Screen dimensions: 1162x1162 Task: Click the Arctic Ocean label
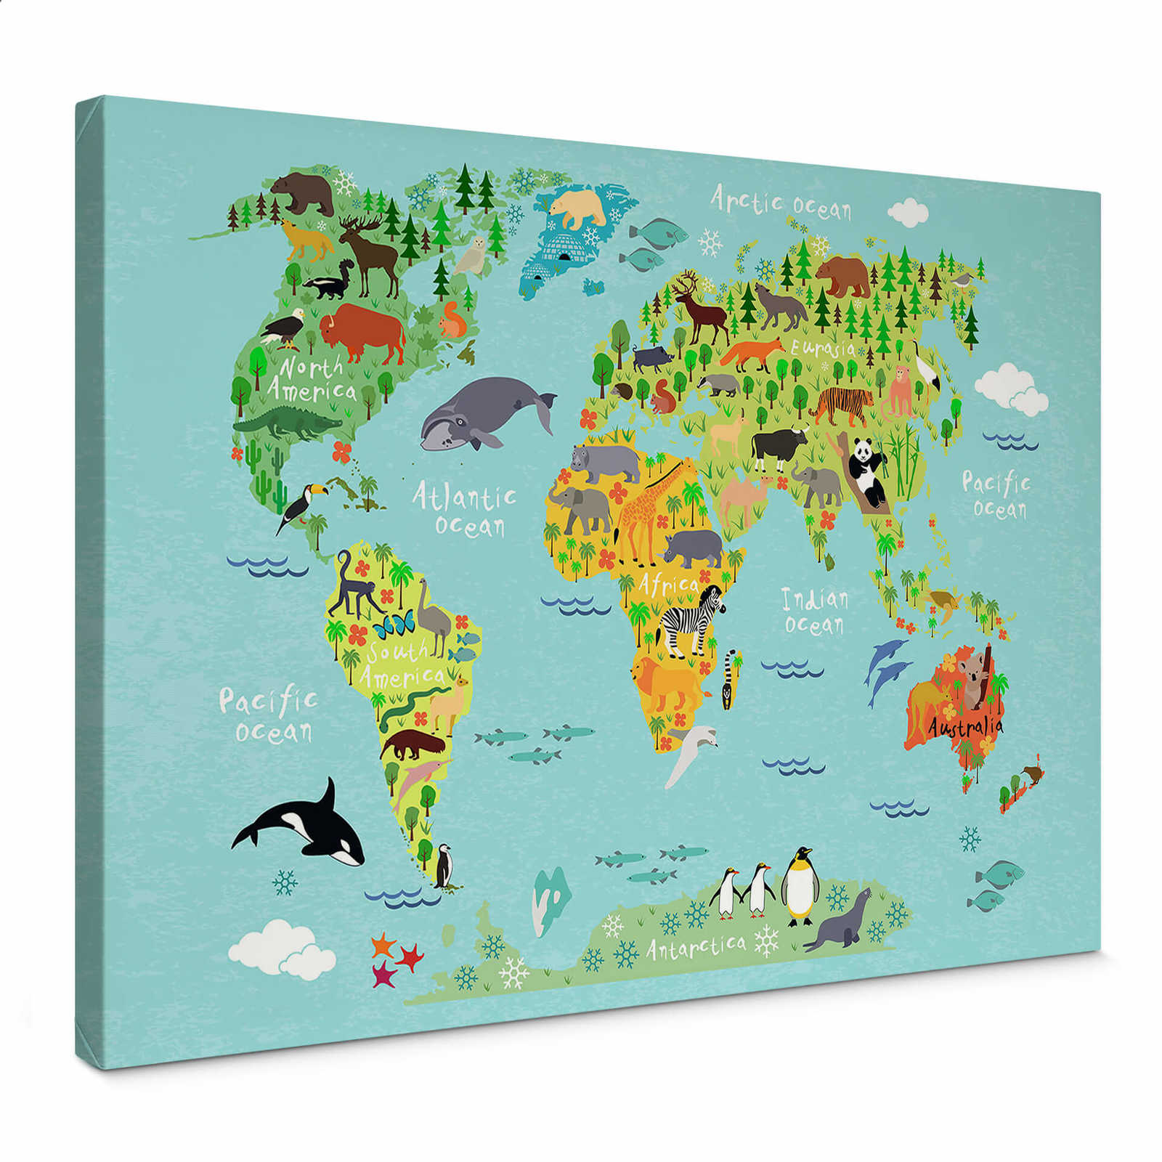pyautogui.click(x=781, y=202)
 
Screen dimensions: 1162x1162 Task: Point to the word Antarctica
pyautogui.click(x=696, y=946)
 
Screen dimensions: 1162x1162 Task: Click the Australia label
pyautogui.click(x=965, y=726)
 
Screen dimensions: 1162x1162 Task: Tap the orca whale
pyautogui.click(x=305, y=828)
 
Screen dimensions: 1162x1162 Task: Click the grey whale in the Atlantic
pyautogui.click(x=484, y=413)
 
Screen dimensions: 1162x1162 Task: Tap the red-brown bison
pyautogui.click(x=363, y=332)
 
